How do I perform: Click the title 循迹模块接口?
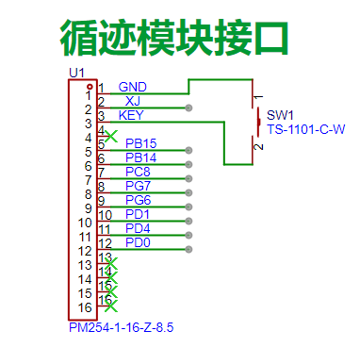click(x=174, y=38)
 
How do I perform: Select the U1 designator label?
click(x=76, y=73)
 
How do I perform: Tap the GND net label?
click(x=132, y=87)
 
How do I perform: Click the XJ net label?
click(x=133, y=101)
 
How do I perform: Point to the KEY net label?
click(x=131, y=115)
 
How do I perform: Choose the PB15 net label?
click(x=140, y=143)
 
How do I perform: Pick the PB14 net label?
click(x=140, y=157)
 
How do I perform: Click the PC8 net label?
click(x=138, y=172)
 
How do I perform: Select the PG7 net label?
click(x=138, y=186)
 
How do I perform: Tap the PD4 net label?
click(x=138, y=228)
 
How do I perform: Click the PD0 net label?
click(x=138, y=242)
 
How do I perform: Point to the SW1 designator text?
click(x=280, y=115)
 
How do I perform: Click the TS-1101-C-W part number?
click(x=306, y=129)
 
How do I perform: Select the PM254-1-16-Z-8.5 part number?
click(x=122, y=327)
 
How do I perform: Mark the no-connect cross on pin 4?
click(x=111, y=136)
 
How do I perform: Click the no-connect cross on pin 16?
click(x=111, y=306)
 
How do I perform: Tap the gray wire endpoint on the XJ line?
click(x=188, y=108)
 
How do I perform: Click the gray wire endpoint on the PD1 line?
click(x=188, y=221)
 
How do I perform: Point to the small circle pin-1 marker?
click(x=90, y=87)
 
